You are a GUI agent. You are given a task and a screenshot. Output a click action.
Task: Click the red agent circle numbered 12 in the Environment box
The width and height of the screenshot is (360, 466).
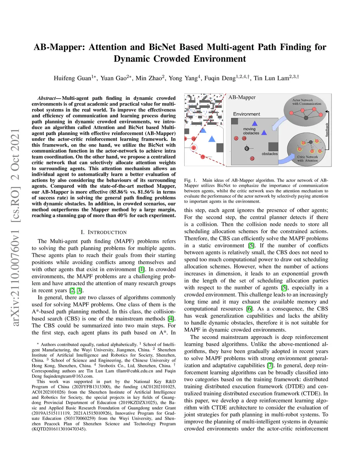pos(252,159)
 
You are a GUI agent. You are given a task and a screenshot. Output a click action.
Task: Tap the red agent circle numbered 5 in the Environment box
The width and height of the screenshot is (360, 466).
pos(236,138)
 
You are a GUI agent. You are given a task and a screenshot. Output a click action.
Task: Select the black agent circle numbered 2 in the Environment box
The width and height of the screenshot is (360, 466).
pos(247,148)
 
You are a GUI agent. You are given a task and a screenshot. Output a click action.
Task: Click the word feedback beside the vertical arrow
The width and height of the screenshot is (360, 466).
pos(327,130)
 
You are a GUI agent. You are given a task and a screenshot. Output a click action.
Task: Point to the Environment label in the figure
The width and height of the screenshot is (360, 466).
pos(246,114)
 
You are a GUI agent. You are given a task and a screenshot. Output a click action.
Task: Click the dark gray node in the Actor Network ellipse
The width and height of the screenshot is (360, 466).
pos(306,118)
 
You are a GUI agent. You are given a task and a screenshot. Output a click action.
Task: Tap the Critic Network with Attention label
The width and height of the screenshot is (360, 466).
pos(308,159)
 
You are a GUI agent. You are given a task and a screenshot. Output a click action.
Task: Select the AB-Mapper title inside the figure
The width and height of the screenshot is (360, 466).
pos(242,97)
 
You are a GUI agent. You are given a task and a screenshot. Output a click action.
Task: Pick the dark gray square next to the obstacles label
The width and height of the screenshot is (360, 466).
pos(273,147)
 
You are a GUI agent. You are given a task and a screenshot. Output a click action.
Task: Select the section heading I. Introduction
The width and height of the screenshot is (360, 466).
pos(104,232)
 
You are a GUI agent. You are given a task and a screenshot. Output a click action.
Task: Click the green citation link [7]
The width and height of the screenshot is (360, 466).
pos(270,365)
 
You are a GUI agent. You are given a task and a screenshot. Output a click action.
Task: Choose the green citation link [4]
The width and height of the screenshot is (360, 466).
pos(171,319)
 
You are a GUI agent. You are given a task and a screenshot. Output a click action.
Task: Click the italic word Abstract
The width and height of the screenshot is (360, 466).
pos(47,98)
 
